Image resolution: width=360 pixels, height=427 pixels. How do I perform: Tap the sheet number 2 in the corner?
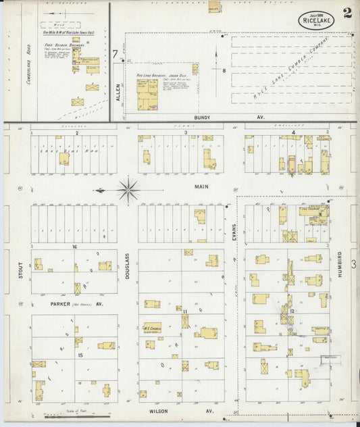[346, 13]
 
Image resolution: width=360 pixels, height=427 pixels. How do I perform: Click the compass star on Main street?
[128, 189]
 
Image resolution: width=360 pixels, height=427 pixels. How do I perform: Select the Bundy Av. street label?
[202, 118]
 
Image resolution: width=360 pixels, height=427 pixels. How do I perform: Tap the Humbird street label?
[340, 261]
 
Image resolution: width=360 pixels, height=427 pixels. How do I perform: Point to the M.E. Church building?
[152, 328]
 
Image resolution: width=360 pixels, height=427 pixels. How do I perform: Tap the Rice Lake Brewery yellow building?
[147, 95]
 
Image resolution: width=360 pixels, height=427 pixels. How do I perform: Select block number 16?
[75, 247]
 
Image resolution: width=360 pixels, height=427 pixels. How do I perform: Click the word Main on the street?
[202, 186]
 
